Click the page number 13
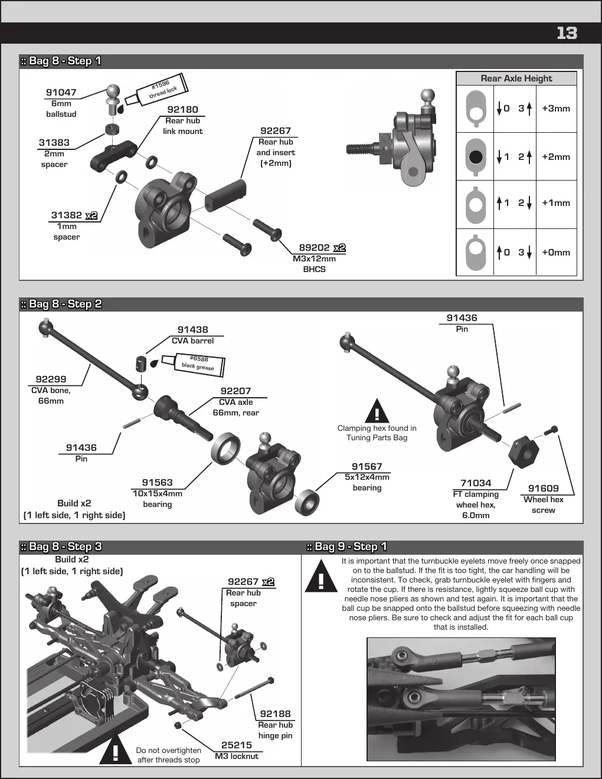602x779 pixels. coord(567,33)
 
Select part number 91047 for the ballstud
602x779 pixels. coord(61,93)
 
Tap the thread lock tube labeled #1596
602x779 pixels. coord(157,90)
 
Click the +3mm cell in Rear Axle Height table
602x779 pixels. coord(556,109)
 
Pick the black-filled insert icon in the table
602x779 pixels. coord(476,157)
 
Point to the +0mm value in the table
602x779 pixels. coord(556,253)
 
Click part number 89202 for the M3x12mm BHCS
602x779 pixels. coord(314,248)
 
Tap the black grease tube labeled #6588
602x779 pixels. coord(194,365)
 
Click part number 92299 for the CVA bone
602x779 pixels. coord(51,379)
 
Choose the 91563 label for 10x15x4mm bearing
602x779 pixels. coord(157,483)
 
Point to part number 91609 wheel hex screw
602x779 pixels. coord(543,488)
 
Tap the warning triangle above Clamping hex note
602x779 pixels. coord(377,411)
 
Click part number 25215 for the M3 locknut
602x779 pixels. coord(236,745)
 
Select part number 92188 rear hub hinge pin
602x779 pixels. coord(276,713)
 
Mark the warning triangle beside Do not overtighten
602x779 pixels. coord(115,750)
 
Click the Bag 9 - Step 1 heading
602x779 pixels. coord(347,546)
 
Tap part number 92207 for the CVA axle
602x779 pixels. coord(235,391)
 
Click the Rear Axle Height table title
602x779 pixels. coord(516,78)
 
